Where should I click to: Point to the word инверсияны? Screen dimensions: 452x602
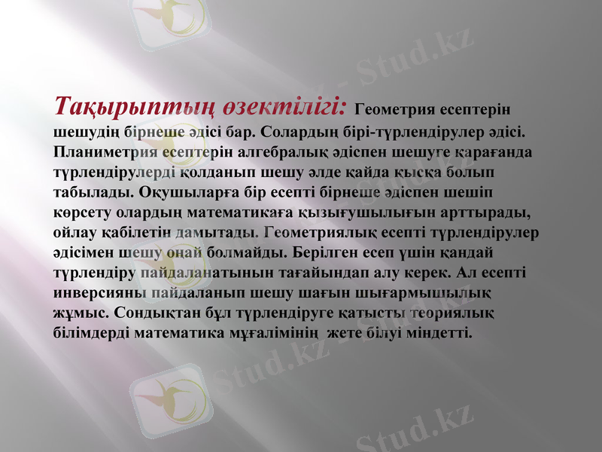click(x=98, y=291)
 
